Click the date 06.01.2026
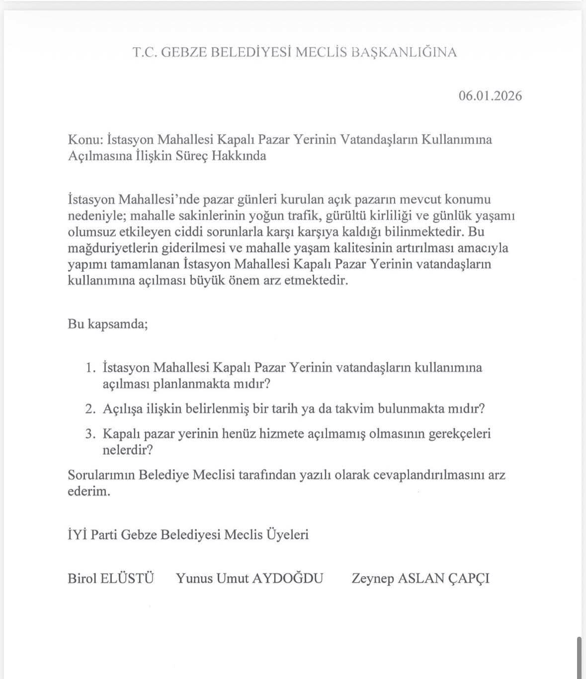pyautogui.click(x=490, y=95)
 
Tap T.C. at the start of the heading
pyautogui.click(x=144, y=52)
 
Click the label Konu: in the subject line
pyautogui.click(x=84, y=139)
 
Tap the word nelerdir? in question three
pyautogui.click(x=127, y=450)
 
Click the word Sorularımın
pyautogui.click(x=101, y=475)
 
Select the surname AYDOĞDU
pyautogui.click(x=288, y=579)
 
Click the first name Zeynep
pyautogui.click(x=373, y=579)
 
